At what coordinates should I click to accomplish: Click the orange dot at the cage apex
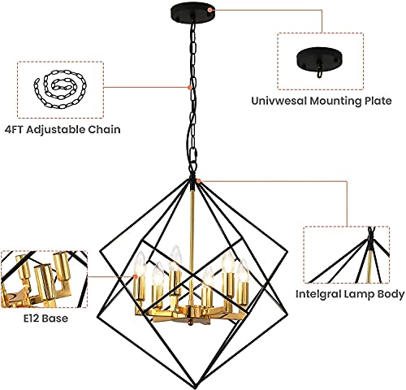197,178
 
